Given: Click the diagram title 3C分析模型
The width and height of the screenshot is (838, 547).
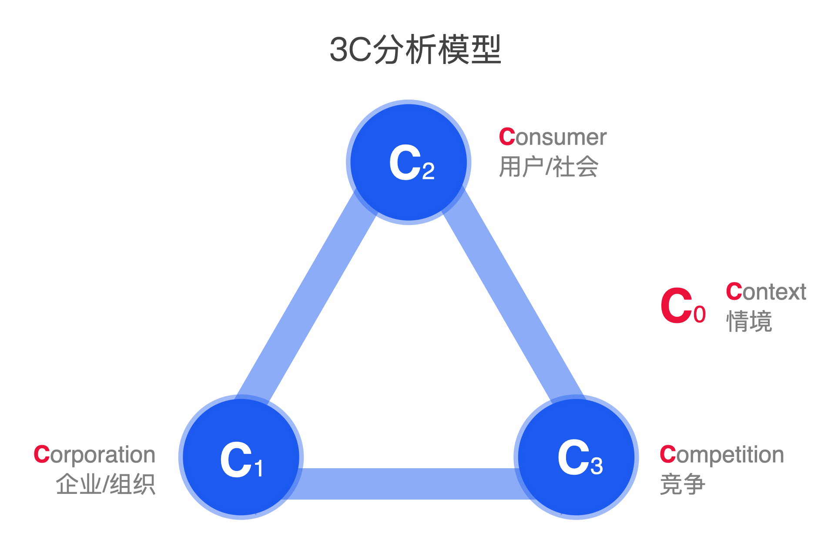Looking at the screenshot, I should tap(416, 50).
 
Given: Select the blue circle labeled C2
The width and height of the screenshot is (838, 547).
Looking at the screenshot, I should tap(409, 162).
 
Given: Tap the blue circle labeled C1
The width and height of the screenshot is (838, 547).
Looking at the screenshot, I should tap(241, 457).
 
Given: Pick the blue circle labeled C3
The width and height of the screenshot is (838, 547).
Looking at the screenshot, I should tap(577, 457).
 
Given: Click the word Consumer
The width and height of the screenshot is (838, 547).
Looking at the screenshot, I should tap(553, 137).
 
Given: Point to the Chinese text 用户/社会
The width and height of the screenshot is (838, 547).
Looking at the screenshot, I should tap(549, 167).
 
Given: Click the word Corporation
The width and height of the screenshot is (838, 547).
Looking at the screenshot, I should tap(94, 455).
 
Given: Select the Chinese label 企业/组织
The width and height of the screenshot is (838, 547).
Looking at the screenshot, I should tap(105, 484).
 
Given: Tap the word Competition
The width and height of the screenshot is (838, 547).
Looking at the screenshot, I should tap(722, 455).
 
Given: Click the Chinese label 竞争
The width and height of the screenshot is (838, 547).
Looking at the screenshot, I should tap(682, 484).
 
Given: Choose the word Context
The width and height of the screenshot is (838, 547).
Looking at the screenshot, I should tap(766, 292).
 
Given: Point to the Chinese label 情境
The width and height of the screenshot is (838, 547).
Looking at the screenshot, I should tap(749, 322).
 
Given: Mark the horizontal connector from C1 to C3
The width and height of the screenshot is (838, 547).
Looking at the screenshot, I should tap(409, 483).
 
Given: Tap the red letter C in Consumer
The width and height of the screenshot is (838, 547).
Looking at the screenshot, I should tap(507, 137).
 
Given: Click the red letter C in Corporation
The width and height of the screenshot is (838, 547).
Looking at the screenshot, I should tap(42, 455).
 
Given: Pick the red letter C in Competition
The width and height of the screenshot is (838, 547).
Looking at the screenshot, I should tap(668, 455).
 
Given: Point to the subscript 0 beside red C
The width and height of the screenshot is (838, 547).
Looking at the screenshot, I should tap(700, 315).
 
